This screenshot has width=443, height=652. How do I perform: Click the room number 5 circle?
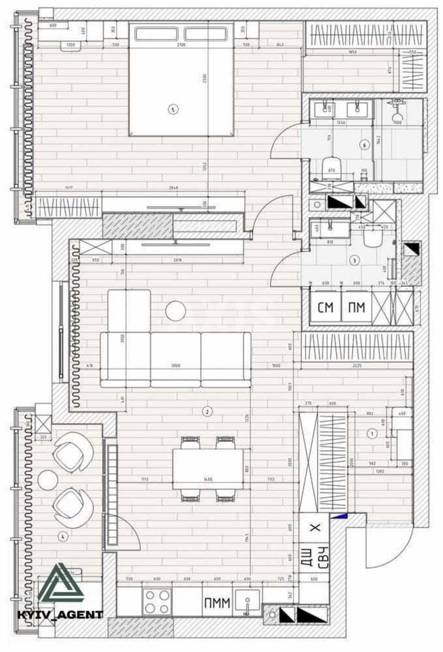[x=173, y=110]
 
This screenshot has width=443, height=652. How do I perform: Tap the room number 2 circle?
[x=207, y=411]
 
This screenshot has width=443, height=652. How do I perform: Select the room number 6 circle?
[x=364, y=145]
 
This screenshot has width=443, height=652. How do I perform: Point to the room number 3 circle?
[x=354, y=261]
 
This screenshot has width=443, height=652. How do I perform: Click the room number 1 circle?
[x=372, y=434]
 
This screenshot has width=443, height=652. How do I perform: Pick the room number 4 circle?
[x=63, y=537]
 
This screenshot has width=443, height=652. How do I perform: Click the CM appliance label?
[x=325, y=308]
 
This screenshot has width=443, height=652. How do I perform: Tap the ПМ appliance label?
[x=357, y=308]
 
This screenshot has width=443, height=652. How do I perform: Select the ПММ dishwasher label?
[x=217, y=603]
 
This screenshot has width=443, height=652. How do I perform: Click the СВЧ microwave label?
[x=322, y=557]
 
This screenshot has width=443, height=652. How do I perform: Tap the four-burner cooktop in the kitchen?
[x=157, y=602]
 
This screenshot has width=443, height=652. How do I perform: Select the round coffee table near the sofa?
[x=176, y=311]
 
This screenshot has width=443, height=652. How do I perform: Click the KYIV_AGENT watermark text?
[x=60, y=615]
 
